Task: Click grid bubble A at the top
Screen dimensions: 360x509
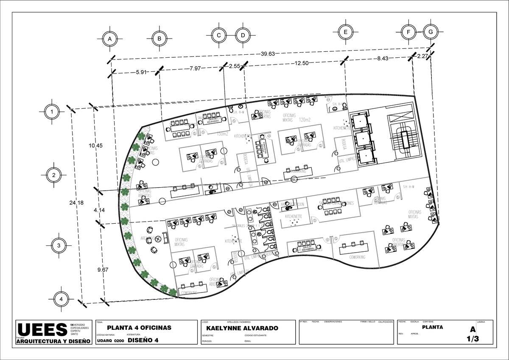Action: (x=109, y=39)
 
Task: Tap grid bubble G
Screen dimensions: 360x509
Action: (x=431, y=32)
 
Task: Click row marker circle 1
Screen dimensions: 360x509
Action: (x=52, y=112)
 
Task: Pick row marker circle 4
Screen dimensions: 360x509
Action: (x=61, y=299)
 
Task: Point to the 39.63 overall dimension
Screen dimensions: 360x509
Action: (x=268, y=54)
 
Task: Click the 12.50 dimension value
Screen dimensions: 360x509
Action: (x=302, y=63)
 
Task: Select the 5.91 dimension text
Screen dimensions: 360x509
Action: (x=141, y=72)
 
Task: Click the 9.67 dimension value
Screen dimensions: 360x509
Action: (x=103, y=270)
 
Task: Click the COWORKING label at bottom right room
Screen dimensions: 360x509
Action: (x=358, y=257)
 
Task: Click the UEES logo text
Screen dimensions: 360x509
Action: (x=42, y=330)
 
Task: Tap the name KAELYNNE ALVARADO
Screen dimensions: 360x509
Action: (x=242, y=329)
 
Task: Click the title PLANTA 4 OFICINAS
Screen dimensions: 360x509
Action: (x=139, y=328)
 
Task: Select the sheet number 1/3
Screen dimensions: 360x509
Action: (x=472, y=339)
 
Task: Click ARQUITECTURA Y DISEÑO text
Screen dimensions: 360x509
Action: (x=53, y=341)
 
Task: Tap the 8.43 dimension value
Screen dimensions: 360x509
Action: (x=382, y=59)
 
